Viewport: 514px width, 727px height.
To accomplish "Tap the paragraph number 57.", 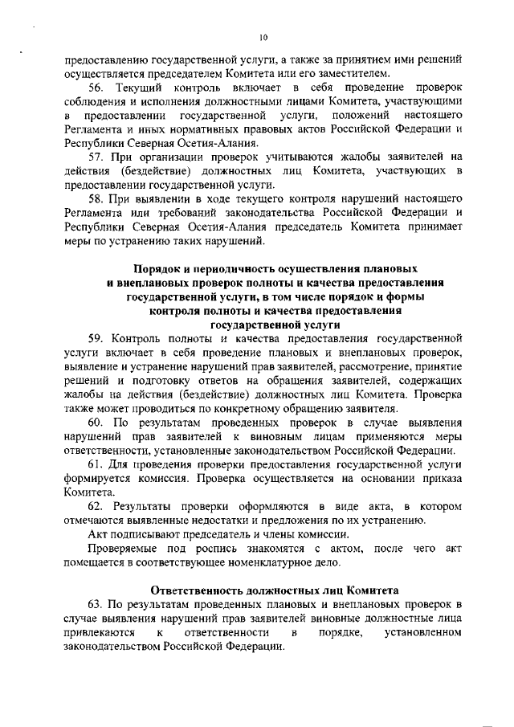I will [96, 156].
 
